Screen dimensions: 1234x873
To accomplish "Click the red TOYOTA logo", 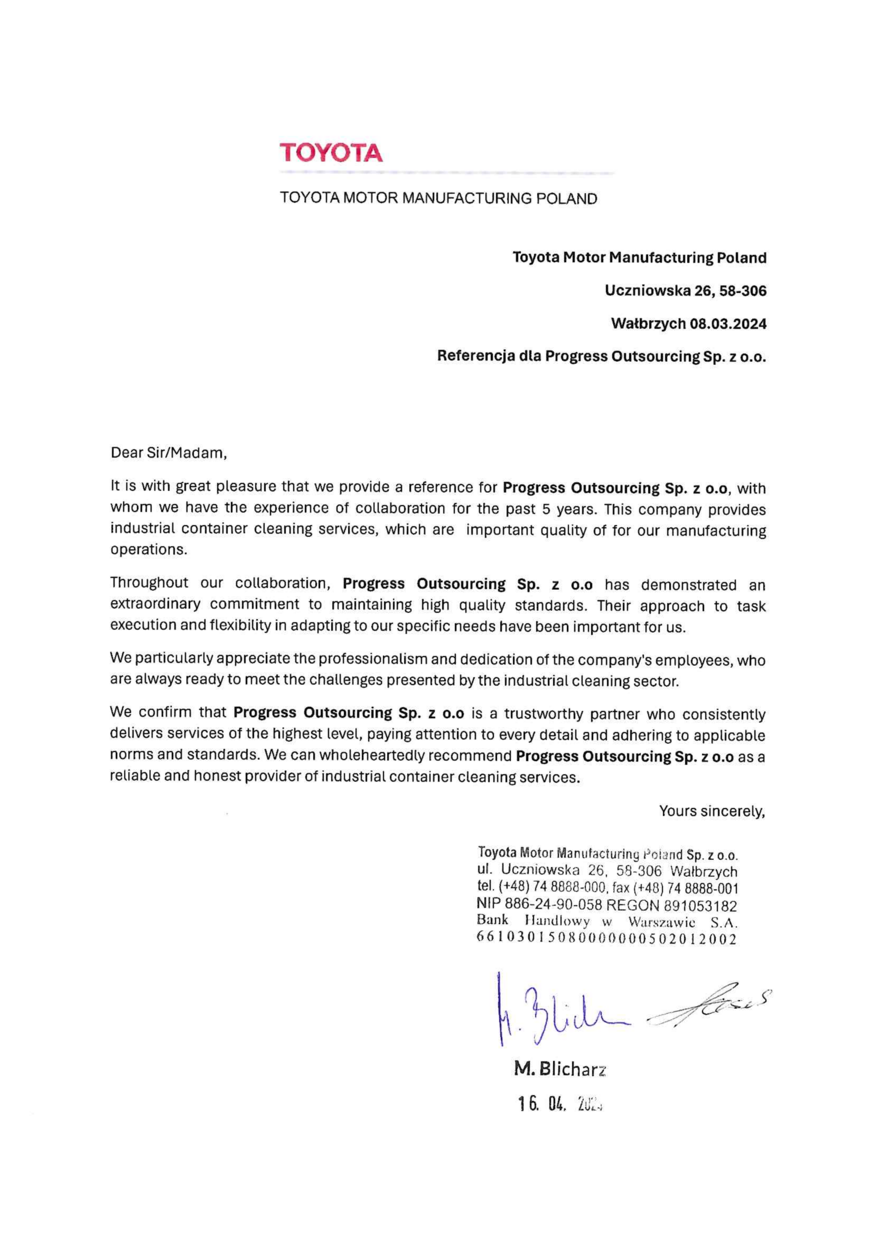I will pos(331,153).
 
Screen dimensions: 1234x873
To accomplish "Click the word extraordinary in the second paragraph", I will pos(155,605).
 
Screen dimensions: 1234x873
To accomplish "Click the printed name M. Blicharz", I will pos(560,1070).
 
